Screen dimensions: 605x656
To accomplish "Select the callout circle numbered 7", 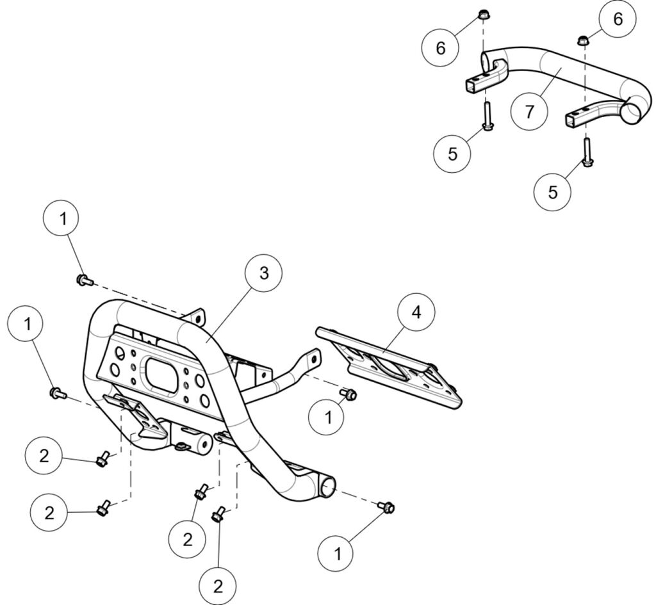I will pos(529,111).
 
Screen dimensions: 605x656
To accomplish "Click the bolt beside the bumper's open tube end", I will pos(387,507).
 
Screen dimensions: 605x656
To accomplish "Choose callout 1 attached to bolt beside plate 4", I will pos(329,417).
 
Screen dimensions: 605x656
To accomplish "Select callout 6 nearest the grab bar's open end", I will pos(617,19).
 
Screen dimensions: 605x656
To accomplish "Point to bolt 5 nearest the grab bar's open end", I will pos(587,154).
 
